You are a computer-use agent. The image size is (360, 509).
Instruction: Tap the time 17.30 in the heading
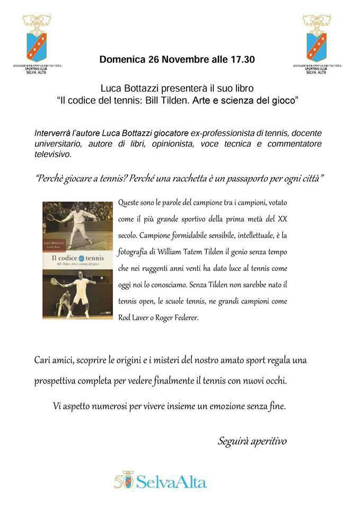[242, 60]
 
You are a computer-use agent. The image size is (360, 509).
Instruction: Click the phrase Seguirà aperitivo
[252, 441]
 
